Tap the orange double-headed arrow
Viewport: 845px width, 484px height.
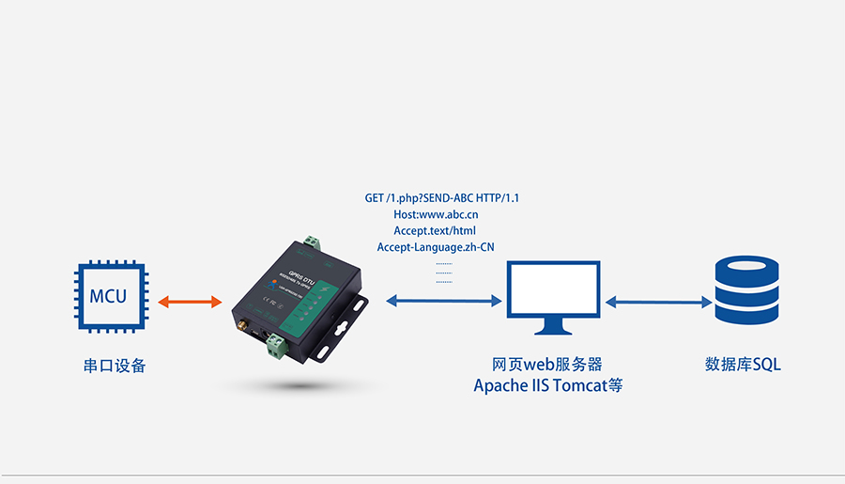tap(190, 302)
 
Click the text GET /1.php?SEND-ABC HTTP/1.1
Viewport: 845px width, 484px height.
tap(441, 198)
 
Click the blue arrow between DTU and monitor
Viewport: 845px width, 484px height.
tap(443, 301)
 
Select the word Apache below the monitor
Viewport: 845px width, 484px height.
tap(500, 385)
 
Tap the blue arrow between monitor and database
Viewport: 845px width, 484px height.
tap(658, 302)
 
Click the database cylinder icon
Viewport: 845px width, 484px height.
tap(746, 290)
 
